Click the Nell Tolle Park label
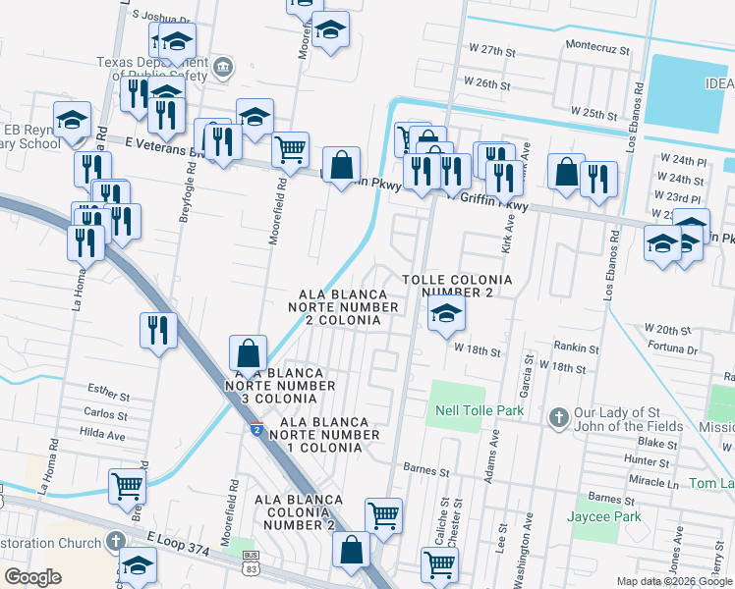tap(481, 409)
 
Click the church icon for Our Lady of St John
tap(557, 417)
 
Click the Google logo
tap(32, 577)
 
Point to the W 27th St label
tap(493, 48)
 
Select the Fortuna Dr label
tap(671, 348)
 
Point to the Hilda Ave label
tap(103, 433)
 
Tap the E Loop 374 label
tap(179, 545)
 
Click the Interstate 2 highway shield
tap(255, 429)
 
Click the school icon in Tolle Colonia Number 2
tap(446, 314)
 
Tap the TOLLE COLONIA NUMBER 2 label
tap(458, 286)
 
